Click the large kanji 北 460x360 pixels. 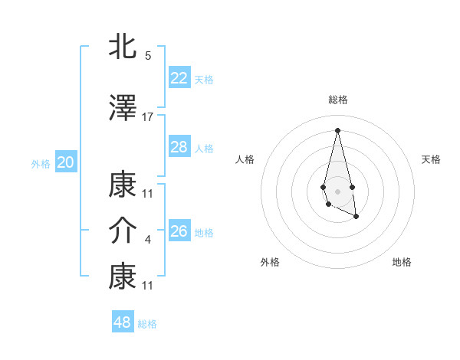click(123, 48)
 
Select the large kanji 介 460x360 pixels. click(123, 231)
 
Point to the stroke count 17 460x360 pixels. click(148, 117)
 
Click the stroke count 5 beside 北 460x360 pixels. click(148, 56)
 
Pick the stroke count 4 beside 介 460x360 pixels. click(148, 241)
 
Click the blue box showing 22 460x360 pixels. click(179, 77)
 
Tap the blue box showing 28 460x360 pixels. click(179, 147)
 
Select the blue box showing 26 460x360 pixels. click(179, 231)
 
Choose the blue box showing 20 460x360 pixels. click(66, 162)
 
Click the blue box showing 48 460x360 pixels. click(123, 322)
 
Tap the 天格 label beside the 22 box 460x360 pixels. click(204, 79)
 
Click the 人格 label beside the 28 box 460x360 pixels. click(204, 149)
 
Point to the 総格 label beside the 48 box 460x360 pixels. click(147, 324)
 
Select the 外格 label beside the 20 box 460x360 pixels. click(41, 164)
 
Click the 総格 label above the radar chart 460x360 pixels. click(338, 100)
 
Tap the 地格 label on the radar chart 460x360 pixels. click(402, 262)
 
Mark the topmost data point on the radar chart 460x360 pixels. click(337, 129)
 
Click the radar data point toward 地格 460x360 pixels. click(356, 217)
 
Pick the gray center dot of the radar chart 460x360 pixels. click(337, 190)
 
